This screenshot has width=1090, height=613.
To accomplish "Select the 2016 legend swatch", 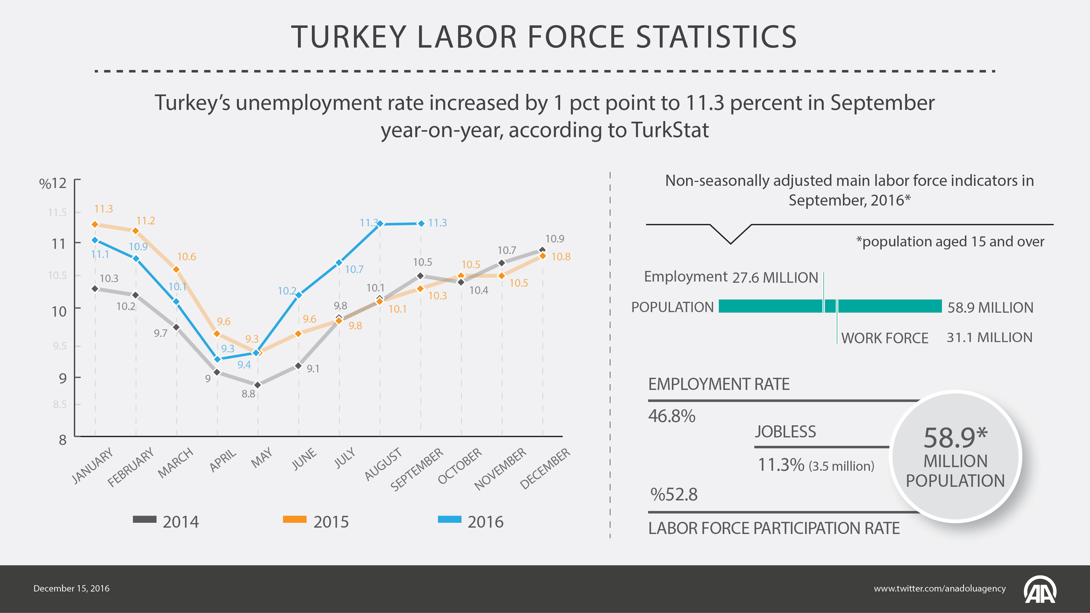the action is [449, 519].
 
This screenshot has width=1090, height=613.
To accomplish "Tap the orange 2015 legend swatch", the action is [295, 519].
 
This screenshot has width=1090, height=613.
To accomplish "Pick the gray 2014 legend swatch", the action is [145, 519].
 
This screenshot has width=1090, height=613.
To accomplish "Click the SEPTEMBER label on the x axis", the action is [417, 470].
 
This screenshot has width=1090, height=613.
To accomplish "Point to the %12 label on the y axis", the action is [53, 183].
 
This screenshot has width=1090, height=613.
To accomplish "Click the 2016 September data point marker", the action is [421, 223].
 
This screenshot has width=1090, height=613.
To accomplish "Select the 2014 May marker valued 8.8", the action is [257, 385].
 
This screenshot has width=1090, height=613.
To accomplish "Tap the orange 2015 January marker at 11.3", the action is [95, 225].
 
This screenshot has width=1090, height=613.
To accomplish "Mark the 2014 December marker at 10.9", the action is [543, 250].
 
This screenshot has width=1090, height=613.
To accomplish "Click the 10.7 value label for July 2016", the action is [354, 269].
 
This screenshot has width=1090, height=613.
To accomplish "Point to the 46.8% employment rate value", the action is [672, 416].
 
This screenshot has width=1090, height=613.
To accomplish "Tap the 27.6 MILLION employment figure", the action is [775, 278].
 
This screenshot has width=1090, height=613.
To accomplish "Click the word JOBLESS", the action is [786, 431].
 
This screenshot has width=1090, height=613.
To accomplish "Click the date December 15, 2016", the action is [71, 588].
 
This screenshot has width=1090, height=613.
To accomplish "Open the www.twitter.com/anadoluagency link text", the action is [940, 588].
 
